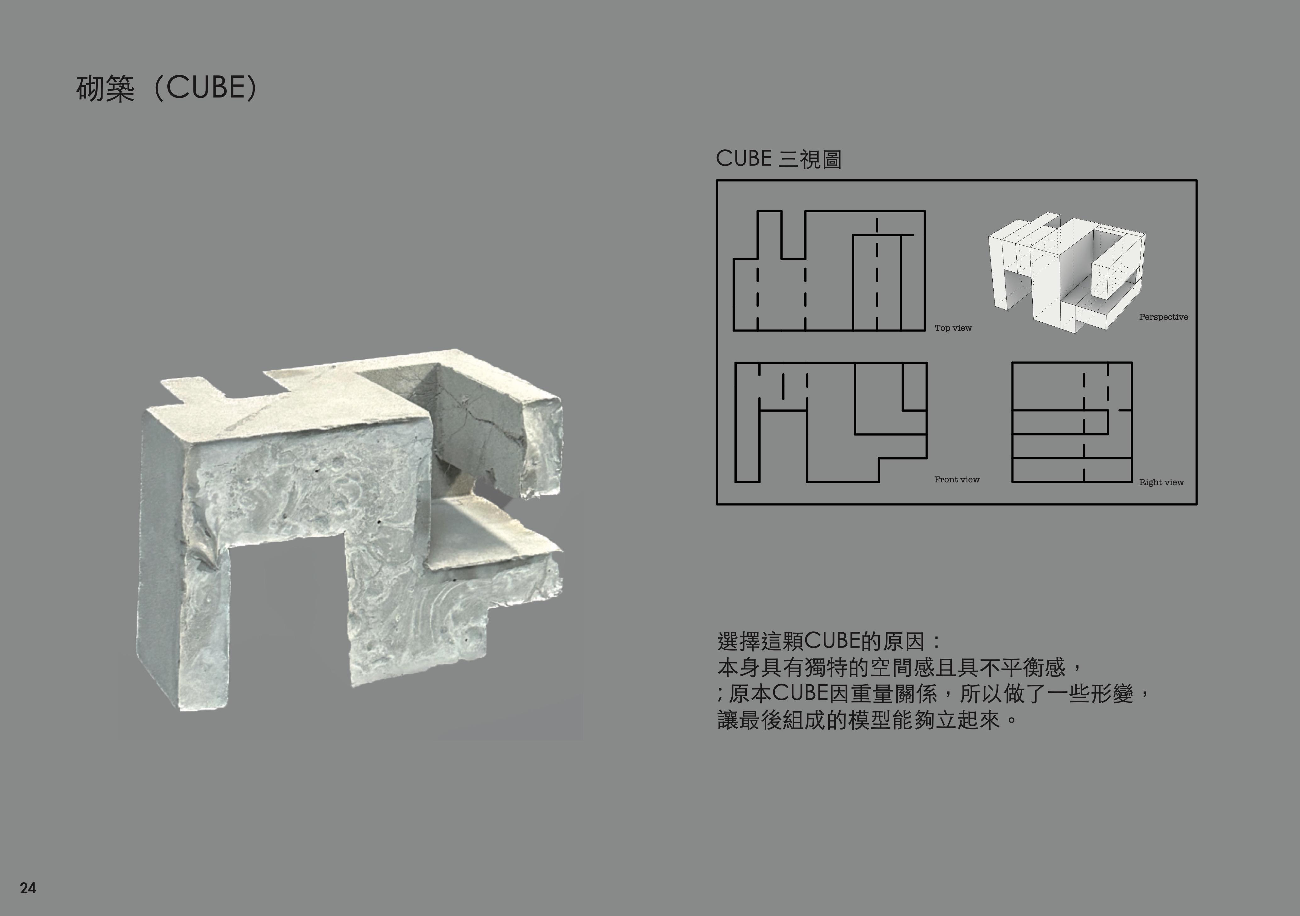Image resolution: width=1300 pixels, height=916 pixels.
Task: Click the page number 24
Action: (x=28, y=888)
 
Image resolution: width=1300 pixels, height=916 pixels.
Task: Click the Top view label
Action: (x=953, y=328)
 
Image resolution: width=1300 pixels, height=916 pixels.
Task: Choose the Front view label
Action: (x=956, y=480)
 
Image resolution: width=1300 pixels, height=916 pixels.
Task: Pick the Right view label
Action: (x=1161, y=482)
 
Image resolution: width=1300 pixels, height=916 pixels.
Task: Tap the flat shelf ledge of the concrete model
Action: (x=487, y=535)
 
